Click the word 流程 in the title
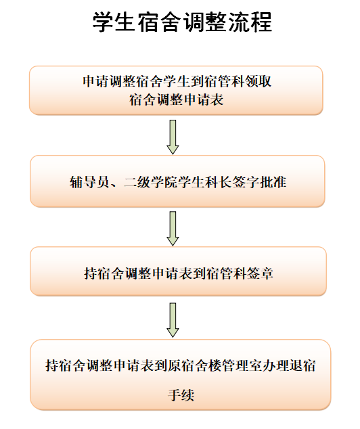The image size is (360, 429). click(250, 22)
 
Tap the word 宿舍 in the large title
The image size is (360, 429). click(160, 22)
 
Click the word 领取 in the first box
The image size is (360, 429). click(258, 81)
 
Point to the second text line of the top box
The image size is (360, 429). click(177, 99)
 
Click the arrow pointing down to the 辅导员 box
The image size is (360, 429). click(173, 137)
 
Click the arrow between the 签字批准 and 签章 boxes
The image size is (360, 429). click(173, 229)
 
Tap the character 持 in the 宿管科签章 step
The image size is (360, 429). click(91, 273)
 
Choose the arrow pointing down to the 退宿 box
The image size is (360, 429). click(173, 320)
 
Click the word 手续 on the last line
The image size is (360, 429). click(181, 395)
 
